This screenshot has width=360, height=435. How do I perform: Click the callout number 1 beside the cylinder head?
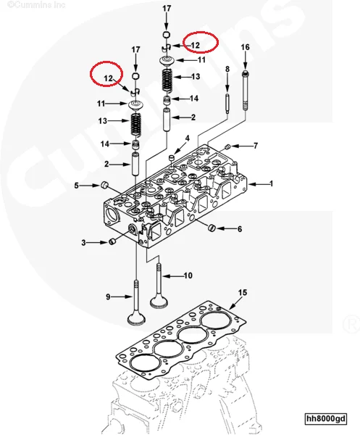(272, 184)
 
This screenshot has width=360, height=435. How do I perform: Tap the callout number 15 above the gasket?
(243, 292)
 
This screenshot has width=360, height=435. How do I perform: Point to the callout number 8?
(227, 69)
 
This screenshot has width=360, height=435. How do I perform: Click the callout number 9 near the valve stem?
(109, 297)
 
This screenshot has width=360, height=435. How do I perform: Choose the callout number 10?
(188, 275)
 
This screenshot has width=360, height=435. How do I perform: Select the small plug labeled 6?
(211, 229)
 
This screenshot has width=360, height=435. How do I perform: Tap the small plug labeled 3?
(111, 241)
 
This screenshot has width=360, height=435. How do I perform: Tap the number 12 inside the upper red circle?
(195, 44)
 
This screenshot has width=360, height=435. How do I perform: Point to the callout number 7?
(255, 146)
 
